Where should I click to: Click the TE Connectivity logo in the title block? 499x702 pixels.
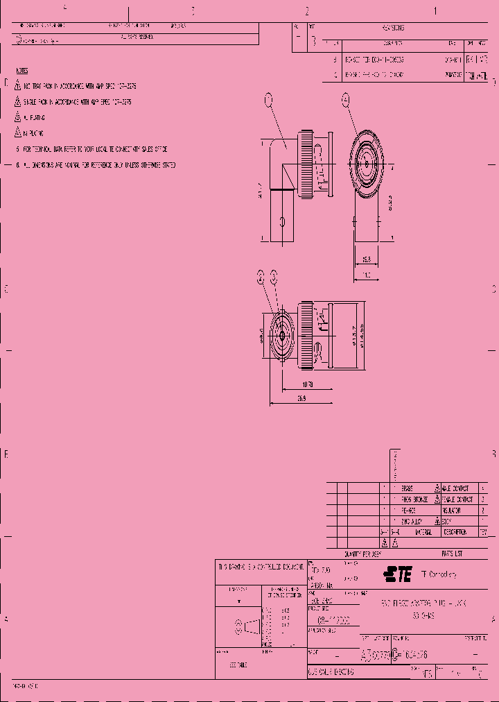coord(398,574)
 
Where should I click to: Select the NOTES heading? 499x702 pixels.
coord(22,71)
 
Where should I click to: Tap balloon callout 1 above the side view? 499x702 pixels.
coord(269,101)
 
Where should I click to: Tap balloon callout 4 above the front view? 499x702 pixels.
coord(345,101)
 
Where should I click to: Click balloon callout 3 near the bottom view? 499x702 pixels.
coord(274,277)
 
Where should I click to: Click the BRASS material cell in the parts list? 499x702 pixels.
coord(407,488)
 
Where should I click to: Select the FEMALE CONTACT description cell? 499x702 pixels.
coord(457,499)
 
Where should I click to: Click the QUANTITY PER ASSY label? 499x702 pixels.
coord(363,554)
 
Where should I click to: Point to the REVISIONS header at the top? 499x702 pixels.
coord(392,28)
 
